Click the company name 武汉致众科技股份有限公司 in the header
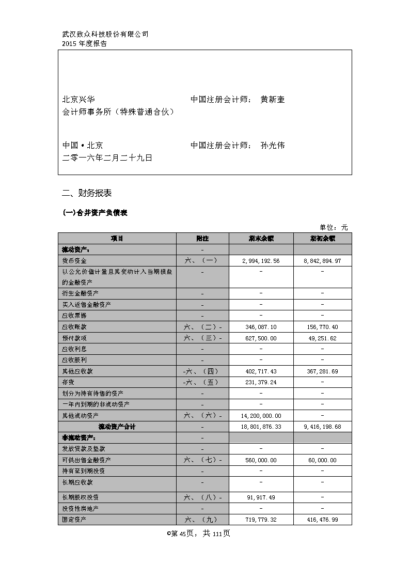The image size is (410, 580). tap(105, 35)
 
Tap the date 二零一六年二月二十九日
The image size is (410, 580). tap(107, 158)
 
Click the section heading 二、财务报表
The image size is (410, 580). tap(86, 194)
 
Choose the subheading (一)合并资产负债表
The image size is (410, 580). tap(94, 213)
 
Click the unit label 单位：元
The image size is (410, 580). tap(334, 227)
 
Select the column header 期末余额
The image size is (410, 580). tap(261, 239)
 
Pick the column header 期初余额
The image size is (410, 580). tap(323, 239)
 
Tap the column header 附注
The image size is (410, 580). tap(202, 239)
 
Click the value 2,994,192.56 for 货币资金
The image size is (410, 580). tap(261, 261)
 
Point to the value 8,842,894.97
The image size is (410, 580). tap(323, 261)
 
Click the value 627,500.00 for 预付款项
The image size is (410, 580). tap(261, 338)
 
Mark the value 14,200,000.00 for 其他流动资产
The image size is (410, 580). tap(261, 416)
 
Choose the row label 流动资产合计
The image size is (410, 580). tap(117, 427)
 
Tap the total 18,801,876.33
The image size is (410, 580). tap(261, 427)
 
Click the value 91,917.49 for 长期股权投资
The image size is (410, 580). tap(261, 497)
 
